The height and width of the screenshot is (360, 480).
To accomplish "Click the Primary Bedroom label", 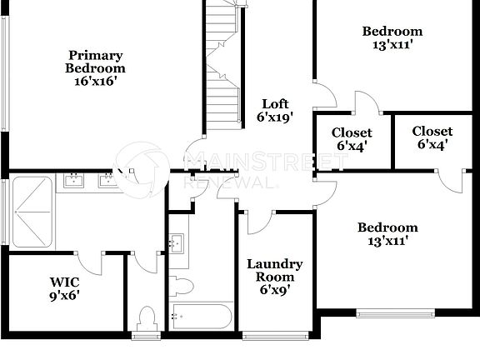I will [96, 62].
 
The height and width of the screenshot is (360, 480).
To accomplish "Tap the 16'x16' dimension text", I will [96, 82].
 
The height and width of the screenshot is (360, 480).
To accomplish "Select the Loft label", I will [276, 104].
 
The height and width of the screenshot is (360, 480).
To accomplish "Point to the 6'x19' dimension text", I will [276, 117].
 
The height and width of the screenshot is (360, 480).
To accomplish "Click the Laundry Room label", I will [274, 271].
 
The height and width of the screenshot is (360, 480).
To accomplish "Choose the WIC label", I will [64, 282].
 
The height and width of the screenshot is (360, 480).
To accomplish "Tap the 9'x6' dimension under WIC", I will [64, 294].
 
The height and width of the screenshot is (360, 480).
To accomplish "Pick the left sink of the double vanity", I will [75, 179].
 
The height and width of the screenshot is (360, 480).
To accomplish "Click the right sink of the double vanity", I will [107, 179].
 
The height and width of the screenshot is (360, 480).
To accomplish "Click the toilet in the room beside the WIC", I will [147, 318].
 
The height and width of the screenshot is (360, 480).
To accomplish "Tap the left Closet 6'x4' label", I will [351, 137].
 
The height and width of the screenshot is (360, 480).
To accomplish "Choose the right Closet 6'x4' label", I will [432, 137].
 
